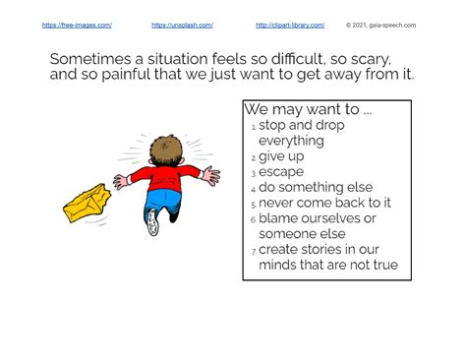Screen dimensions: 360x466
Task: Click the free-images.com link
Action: coord(77,26)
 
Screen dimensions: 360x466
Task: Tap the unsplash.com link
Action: coord(182,26)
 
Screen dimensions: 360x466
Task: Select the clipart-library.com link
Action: coord(290,26)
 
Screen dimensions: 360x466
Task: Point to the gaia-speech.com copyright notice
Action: coord(380,26)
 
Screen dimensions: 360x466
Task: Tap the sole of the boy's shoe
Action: coord(153,222)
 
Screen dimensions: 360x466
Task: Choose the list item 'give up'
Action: coord(281,156)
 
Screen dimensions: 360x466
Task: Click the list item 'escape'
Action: coord(281,172)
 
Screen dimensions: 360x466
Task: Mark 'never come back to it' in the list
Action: coord(324,203)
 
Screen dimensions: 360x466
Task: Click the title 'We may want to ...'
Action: coord(308,109)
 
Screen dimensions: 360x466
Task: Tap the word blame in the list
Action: coord(279,218)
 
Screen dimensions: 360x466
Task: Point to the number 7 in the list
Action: coord(253,252)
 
